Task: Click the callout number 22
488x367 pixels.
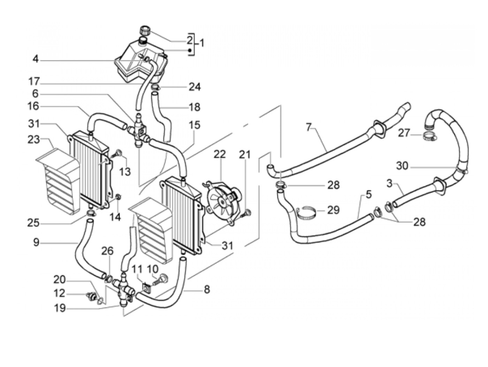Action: coord(220,154)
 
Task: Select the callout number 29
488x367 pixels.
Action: coord(333,210)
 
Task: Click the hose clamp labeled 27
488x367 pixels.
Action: coord(429,136)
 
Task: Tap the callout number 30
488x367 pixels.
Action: coord(402,166)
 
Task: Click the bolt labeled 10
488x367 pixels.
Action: coord(161,280)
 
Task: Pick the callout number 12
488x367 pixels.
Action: coord(59,294)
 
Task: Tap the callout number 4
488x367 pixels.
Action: coord(36,59)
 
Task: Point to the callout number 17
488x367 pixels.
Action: coord(34,81)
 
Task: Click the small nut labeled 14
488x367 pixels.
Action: coord(119,197)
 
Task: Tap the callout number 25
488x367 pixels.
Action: coord(33,223)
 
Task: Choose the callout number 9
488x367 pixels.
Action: coord(36,242)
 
